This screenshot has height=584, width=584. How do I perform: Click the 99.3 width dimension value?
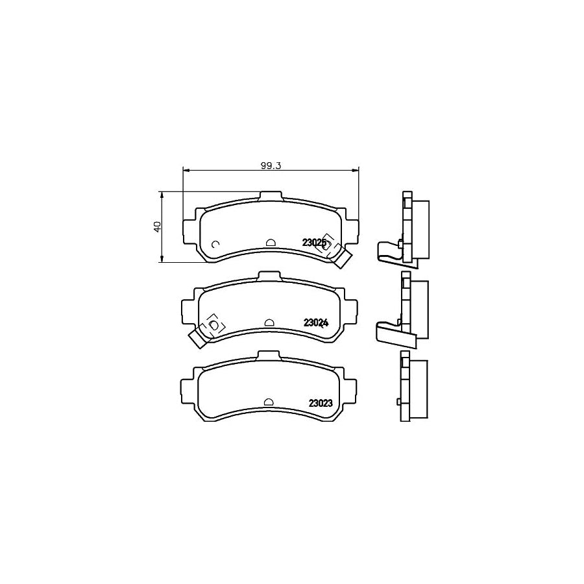pyautogui.click(x=270, y=166)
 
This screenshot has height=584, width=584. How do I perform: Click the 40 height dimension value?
pyautogui.click(x=158, y=226)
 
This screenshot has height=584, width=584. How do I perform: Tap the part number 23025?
pyautogui.click(x=314, y=243)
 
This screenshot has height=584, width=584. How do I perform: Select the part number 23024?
pyautogui.click(x=316, y=323)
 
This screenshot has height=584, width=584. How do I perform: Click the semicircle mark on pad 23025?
pyautogui.click(x=271, y=243)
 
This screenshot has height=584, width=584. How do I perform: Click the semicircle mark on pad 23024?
pyautogui.click(x=269, y=322)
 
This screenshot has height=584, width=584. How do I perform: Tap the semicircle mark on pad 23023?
pyautogui.click(x=269, y=402)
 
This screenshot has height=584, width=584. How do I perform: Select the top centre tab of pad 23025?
pyautogui.click(x=271, y=196)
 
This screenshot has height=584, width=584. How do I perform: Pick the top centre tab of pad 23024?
pyautogui.click(x=269, y=276)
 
